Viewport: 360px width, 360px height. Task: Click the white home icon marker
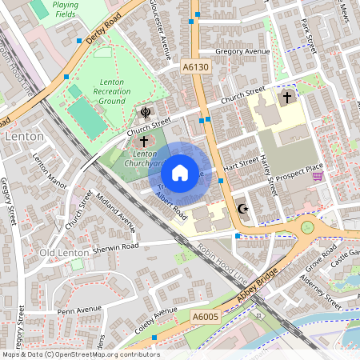180,173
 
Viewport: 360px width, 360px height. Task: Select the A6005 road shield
205,318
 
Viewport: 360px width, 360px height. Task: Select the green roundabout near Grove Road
308,228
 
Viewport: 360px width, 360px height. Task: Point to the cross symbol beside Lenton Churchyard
144,140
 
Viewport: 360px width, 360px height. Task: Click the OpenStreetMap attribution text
80,354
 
